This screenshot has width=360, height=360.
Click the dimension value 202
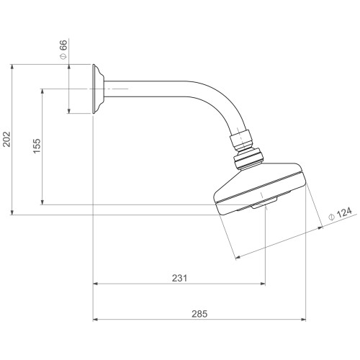tap(6, 139)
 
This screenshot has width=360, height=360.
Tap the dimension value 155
tap(37, 146)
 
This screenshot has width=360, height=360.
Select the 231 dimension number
tap(179, 278)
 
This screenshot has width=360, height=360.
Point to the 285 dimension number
tap(199, 314)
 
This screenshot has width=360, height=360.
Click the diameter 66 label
tap(63, 50)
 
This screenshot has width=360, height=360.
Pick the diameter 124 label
tap(341, 214)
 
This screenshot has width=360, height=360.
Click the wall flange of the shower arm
tap(98, 89)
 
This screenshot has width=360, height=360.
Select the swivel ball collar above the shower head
tap(249, 159)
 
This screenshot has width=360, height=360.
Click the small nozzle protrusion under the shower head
tap(264, 202)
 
